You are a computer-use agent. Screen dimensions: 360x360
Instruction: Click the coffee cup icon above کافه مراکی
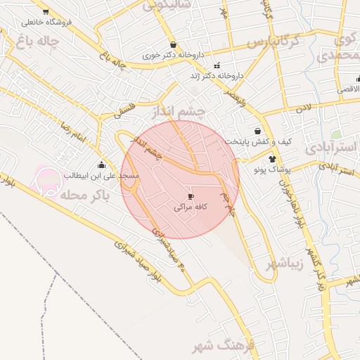click(x=191, y=196)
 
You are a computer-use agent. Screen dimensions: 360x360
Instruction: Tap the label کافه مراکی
click(x=191, y=208)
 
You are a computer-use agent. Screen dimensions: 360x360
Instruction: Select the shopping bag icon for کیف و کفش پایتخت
click(x=259, y=131)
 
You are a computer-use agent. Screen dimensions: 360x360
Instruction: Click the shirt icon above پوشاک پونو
click(x=273, y=159)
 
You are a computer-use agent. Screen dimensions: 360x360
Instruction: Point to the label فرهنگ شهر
click(x=210, y=346)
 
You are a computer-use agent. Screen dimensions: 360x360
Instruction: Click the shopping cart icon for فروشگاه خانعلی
click(x=46, y=12)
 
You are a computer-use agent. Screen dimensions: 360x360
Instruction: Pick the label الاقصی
click(x=347, y=89)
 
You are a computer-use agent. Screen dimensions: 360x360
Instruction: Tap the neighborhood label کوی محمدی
click(x=337, y=46)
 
